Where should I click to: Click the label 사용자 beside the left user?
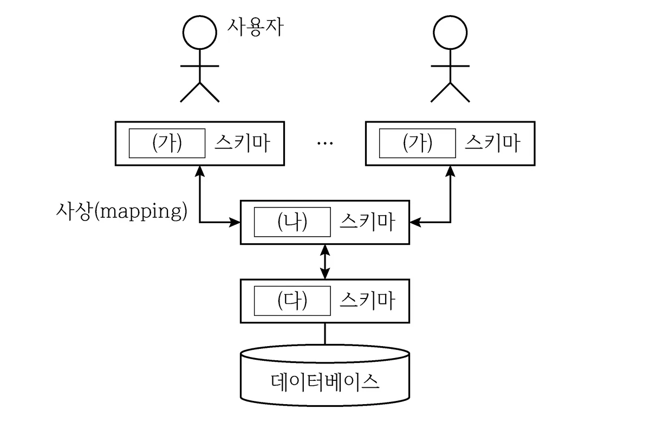click(255, 27)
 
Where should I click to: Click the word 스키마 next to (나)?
click(367, 222)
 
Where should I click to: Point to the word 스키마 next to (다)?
click(367, 301)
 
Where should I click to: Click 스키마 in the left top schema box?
click(242, 143)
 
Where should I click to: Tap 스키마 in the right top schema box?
click(492, 143)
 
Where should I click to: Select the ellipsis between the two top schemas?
click(325, 143)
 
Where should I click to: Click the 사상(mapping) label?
click(121, 211)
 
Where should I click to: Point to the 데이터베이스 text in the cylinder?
click(325, 381)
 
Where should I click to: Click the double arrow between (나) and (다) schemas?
click(325, 262)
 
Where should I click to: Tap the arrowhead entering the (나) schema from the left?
click(235, 222)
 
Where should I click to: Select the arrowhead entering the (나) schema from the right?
click(415, 222)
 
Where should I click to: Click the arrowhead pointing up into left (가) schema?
click(200, 171)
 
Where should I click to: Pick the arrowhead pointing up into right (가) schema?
click(450, 171)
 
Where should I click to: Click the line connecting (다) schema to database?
click(325, 334)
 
